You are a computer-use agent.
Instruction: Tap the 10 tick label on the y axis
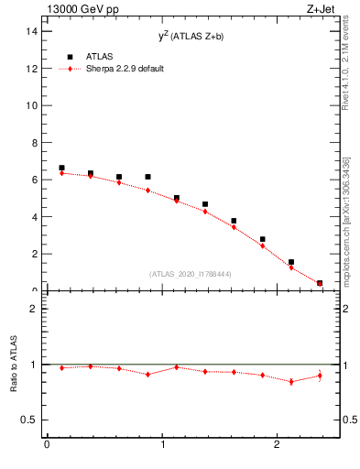pyautogui.click(x=32, y=105)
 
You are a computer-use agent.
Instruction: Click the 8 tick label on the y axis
pyautogui.click(x=35, y=143)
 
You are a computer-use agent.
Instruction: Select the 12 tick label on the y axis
pyautogui.click(x=32, y=69)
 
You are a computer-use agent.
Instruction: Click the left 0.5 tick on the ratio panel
pyautogui.click(x=30, y=420)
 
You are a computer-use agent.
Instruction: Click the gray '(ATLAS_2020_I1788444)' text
pyautogui.click(x=190, y=274)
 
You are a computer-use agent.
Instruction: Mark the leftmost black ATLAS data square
pyautogui.click(x=61, y=168)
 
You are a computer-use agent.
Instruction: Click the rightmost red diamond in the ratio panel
pyautogui.click(x=320, y=376)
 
